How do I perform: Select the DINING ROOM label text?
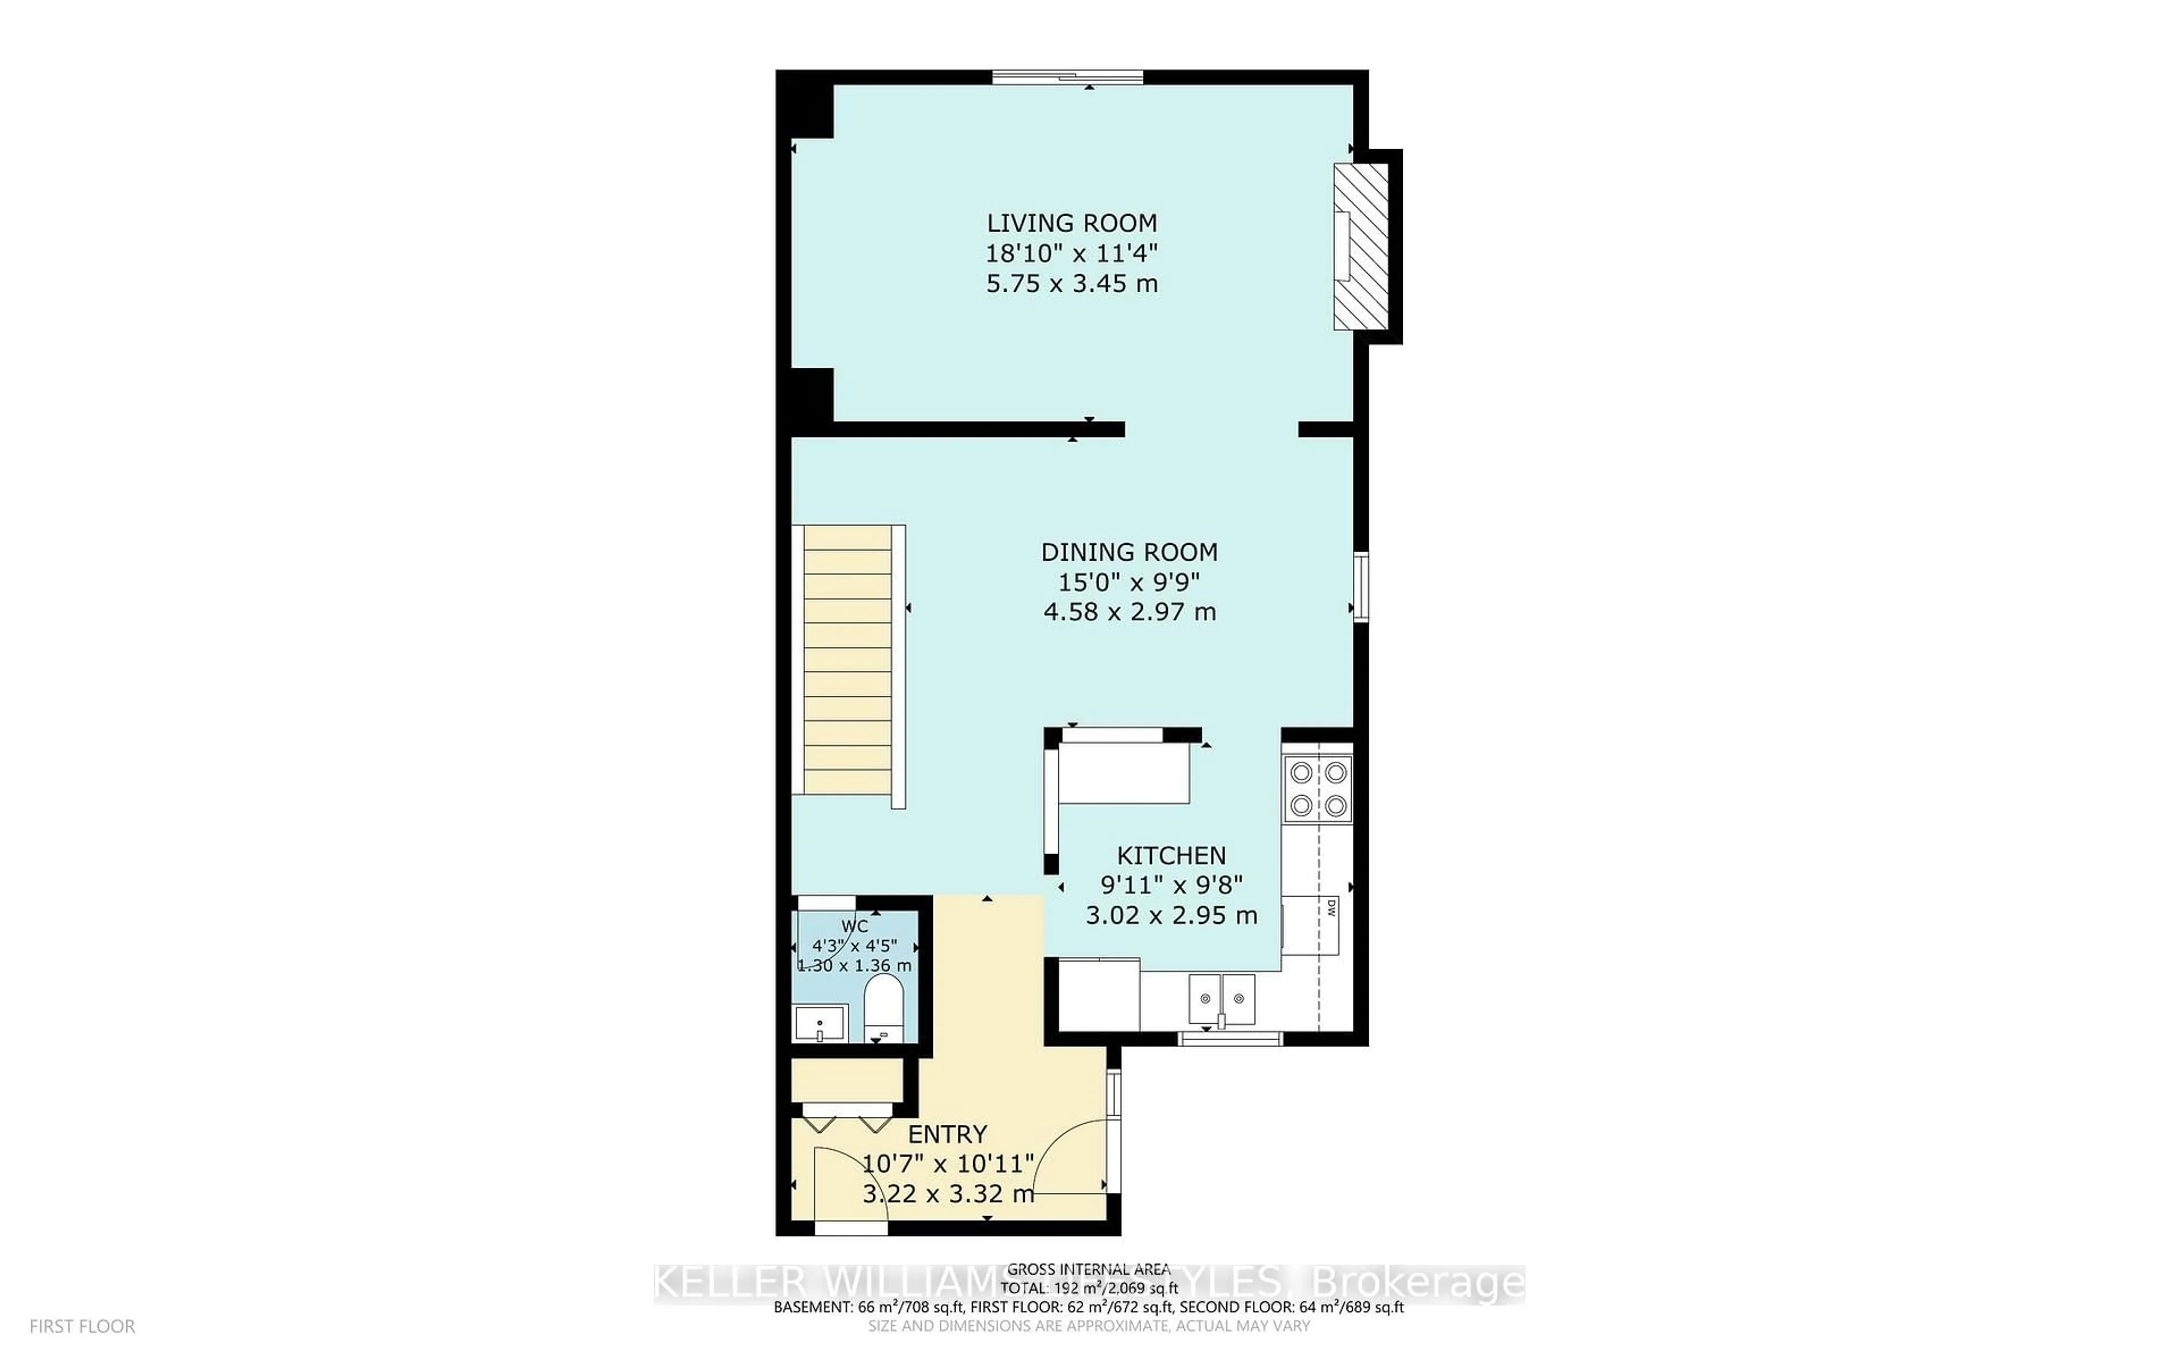coord(1129,552)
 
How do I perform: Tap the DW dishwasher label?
coord(1331,910)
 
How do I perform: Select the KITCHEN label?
coord(1171,856)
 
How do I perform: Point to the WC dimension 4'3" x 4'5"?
coord(855,946)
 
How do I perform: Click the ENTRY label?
coord(947,1134)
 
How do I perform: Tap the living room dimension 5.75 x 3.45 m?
coord(1071,284)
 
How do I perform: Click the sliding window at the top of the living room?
coord(1068,78)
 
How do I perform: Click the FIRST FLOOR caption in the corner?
coord(82,1326)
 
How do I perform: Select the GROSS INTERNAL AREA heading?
coord(1088,1269)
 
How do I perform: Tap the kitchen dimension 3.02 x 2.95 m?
coord(1171,916)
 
